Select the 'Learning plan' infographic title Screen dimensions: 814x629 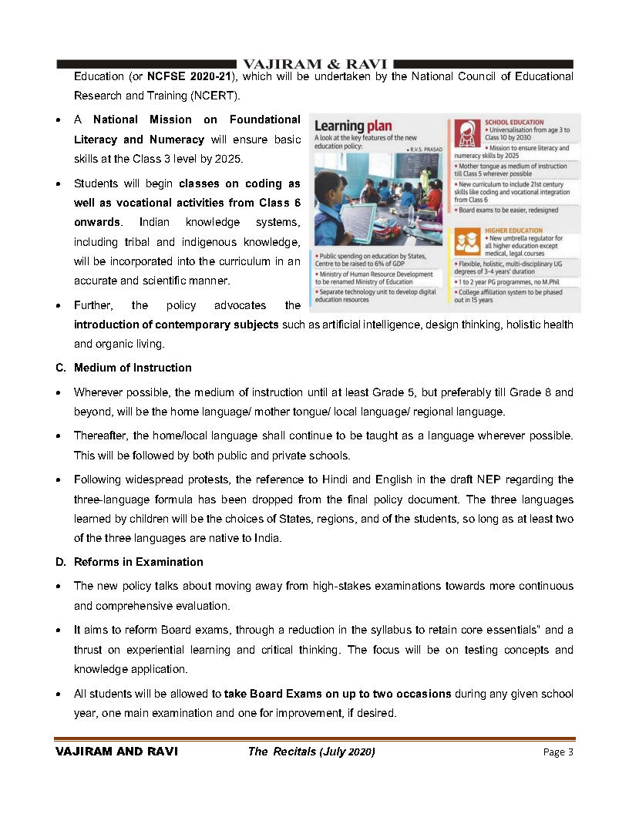click(354, 125)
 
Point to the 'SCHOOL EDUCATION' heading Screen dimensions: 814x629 click(513, 122)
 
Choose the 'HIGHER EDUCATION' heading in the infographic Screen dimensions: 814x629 click(513, 230)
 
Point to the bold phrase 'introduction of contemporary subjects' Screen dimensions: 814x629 click(176, 325)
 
